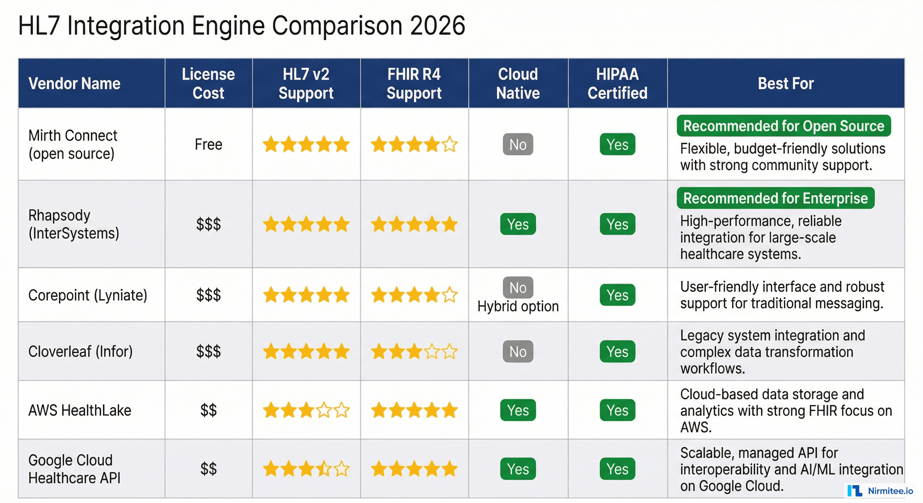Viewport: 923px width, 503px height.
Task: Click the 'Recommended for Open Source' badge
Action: pos(783,126)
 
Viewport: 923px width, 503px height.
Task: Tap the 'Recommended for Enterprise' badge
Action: pos(775,198)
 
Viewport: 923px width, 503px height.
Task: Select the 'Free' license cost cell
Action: pos(208,144)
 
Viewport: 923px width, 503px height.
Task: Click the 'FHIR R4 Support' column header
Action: pos(414,84)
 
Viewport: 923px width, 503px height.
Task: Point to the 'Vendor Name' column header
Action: pos(74,84)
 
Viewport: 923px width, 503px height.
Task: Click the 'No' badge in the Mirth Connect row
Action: pos(518,144)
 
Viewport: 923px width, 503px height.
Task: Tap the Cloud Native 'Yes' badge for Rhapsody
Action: pos(518,224)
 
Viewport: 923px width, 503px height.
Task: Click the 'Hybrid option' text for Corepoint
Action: pos(518,306)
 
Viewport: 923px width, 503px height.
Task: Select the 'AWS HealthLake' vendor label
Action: pos(80,410)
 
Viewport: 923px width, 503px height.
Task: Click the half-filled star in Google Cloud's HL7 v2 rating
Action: pos(324,469)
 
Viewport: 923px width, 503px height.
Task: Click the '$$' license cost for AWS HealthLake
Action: pos(208,410)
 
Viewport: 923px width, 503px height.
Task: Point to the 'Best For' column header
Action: pos(785,84)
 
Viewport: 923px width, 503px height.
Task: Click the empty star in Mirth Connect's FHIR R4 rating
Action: pos(450,145)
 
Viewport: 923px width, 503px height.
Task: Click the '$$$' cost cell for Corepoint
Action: pos(208,295)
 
